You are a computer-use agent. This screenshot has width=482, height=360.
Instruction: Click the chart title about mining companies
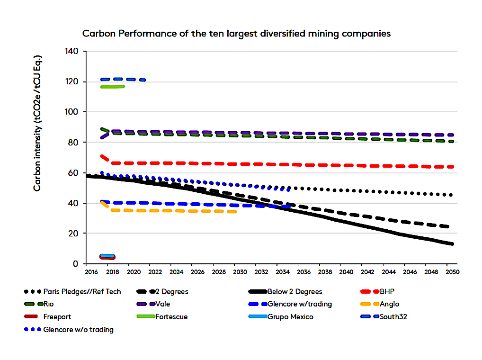pyautogui.click(x=236, y=34)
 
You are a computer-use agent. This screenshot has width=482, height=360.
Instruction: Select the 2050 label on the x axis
pyautogui.click(x=452, y=273)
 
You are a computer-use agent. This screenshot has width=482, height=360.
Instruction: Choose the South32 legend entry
pyautogui.click(x=393, y=316)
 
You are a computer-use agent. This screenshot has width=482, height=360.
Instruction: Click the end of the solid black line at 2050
pyautogui.click(x=452, y=244)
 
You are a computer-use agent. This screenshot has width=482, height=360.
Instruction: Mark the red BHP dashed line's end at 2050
pyautogui.click(x=452, y=167)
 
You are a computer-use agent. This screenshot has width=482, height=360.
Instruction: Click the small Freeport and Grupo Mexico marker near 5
pyautogui.click(x=107, y=257)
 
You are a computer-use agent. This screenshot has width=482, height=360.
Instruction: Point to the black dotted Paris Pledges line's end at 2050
pyautogui.click(x=452, y=195)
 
